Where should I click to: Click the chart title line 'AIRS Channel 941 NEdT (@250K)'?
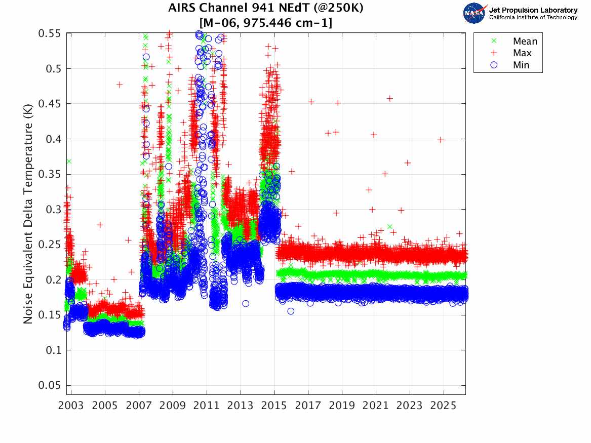266,9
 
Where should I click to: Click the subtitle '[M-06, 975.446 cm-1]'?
266,22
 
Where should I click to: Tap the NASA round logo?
475,13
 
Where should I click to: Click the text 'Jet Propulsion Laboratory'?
533,10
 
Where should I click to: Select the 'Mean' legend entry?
525,42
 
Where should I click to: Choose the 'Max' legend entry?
522,53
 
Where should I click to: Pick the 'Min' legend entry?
521,65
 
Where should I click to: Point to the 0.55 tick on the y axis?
50,33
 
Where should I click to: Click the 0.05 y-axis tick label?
50,385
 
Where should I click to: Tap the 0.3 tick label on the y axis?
52,210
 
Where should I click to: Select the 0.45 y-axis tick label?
50,104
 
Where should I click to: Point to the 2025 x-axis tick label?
443,406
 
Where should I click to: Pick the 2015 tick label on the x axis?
274,406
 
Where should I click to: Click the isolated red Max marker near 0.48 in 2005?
120,85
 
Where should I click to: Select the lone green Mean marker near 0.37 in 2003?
69,161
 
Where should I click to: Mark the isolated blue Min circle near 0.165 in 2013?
246,303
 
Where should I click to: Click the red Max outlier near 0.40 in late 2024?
441,140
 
